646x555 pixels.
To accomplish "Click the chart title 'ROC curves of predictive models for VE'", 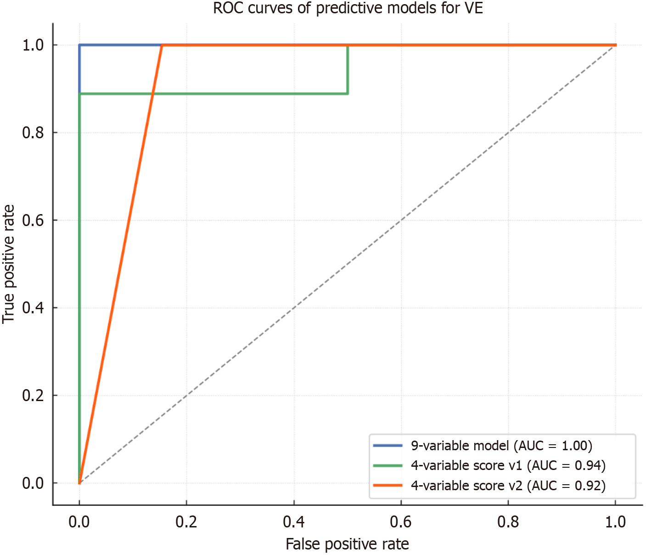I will [348, 8].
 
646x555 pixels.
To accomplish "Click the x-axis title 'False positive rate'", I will [347, 544].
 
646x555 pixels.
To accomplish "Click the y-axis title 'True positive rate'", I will [9, 264].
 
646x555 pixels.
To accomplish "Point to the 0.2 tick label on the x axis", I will [186, 521].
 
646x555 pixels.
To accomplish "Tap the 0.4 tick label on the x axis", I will [293, 521].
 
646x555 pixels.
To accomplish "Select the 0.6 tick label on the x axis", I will [401, 521].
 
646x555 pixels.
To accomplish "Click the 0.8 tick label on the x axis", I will [508, 521].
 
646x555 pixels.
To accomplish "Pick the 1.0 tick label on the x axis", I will [615, 521].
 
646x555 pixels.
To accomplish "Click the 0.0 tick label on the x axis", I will [79, 521].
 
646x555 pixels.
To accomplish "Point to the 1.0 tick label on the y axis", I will [33, 45].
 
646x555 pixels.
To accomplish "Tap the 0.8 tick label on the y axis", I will [33, 133].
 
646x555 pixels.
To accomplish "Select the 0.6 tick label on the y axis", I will [33, 220].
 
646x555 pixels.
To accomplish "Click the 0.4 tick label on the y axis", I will [33, 308].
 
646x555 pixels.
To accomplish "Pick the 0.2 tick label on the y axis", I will [33, 396].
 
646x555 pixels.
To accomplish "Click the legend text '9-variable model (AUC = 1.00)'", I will [501, 446].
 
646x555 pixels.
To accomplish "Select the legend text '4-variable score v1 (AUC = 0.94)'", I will [508, 465].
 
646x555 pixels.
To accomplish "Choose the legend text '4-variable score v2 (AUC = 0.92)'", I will [508, 486].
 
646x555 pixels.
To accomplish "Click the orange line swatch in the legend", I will [388, 486].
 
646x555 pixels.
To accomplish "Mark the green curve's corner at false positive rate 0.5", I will [348, 94].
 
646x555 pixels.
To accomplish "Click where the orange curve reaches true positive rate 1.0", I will [162, 45].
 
